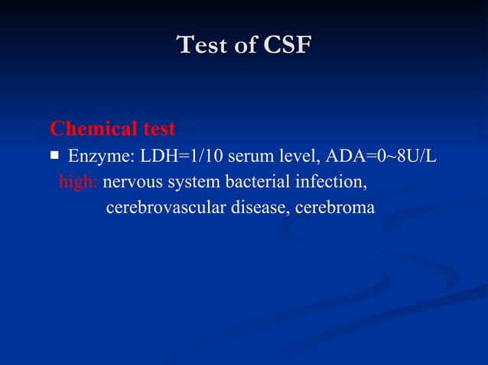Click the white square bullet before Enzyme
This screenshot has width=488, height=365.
pos(54,156)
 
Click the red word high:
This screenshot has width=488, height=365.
pos(79,183)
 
